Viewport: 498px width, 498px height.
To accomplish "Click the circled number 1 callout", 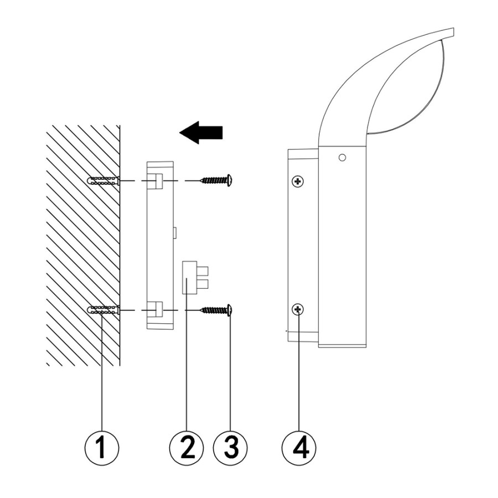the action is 102,448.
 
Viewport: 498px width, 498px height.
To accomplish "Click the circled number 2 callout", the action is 186,448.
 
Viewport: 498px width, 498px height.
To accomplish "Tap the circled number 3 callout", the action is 230,448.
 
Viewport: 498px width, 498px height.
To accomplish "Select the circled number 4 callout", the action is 299,448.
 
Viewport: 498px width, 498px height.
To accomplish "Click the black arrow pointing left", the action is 201,132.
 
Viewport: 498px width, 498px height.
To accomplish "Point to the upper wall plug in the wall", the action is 103,181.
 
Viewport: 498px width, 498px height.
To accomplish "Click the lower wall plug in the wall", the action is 103,310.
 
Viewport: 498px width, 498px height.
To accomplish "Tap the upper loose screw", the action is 216,180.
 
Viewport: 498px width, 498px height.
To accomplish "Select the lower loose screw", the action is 216,310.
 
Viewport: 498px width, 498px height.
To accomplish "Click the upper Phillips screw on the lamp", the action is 298,181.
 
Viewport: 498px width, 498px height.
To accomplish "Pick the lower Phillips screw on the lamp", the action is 298,309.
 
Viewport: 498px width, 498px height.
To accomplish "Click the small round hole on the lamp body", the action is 342,157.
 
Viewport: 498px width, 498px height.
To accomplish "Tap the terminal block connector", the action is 195,277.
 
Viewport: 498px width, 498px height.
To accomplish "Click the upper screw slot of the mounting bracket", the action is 155,181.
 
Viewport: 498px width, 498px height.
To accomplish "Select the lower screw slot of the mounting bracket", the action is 155,310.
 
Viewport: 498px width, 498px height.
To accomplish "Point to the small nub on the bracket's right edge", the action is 175,232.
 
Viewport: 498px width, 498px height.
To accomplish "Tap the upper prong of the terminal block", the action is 203,271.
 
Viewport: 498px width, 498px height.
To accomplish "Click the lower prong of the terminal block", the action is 203,284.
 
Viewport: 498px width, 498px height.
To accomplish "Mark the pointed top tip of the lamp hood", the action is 453,29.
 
